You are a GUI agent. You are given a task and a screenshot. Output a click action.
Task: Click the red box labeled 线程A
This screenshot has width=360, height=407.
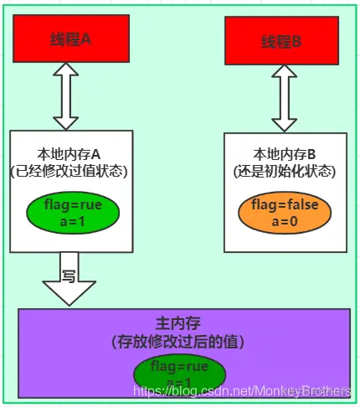point(70,38)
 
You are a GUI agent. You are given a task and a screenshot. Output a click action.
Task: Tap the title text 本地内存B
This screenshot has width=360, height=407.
point(283,155)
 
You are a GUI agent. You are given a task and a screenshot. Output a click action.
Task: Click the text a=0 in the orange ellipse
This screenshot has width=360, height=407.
point(281,221)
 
